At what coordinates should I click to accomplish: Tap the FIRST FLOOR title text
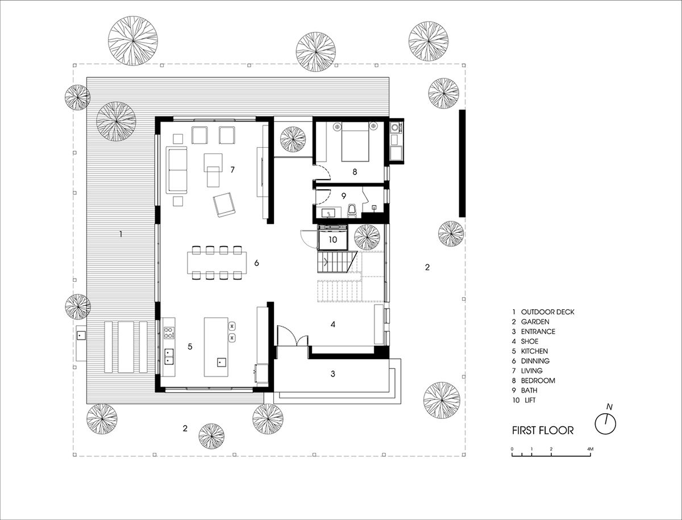point(543,431)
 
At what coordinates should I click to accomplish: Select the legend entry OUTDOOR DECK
point(548,312)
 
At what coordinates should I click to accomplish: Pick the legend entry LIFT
point(530,400)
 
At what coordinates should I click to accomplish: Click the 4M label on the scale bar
point(590,449)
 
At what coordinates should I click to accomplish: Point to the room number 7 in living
point(232,169)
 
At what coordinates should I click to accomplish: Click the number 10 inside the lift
point(333,239)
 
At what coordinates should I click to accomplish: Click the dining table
point(217,263)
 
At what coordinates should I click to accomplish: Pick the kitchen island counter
point(216,347)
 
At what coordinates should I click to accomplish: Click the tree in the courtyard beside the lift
point(367,237)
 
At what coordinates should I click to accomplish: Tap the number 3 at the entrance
point(333,374)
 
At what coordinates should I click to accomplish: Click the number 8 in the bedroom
point(355,172)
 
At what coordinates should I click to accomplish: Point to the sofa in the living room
point(177,170)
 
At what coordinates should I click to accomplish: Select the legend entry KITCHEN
point(534,351)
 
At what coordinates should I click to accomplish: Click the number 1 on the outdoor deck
point(121,234)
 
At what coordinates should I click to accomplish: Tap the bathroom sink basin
point(328,214)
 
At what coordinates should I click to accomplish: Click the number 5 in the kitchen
point(190,346)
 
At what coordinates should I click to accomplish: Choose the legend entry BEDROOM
point(538,381)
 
